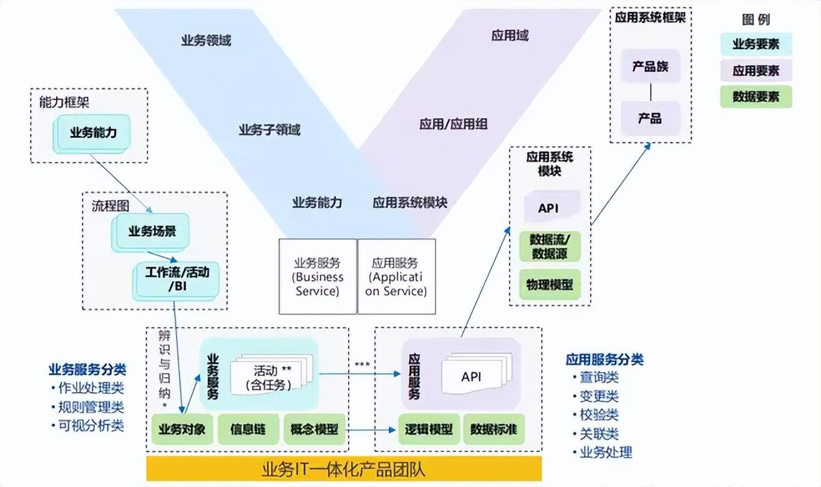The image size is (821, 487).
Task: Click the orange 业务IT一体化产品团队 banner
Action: (x=344, y=469)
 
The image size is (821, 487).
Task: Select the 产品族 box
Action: (x=650, y=66)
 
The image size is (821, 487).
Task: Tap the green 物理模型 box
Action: (x=550, y=284)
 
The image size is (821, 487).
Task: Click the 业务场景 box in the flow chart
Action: (x=152, y=232)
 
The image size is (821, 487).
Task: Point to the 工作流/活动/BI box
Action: (x=177, y=279)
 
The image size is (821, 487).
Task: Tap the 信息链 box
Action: (x=248, y=430)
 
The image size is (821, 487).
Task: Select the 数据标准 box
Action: (x=493, y=430)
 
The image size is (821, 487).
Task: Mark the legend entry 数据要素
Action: (x=755, y=97)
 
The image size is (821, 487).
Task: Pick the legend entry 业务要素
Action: (x=755, y=44)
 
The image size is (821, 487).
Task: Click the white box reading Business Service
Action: (x=317, y=277)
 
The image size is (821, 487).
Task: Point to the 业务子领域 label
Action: (x=269, y=130)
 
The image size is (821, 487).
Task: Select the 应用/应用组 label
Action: (x=453, y=124)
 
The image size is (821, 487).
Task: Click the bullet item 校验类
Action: (x=598, y=415)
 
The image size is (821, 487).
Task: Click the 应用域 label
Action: (x=510, y=35)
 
